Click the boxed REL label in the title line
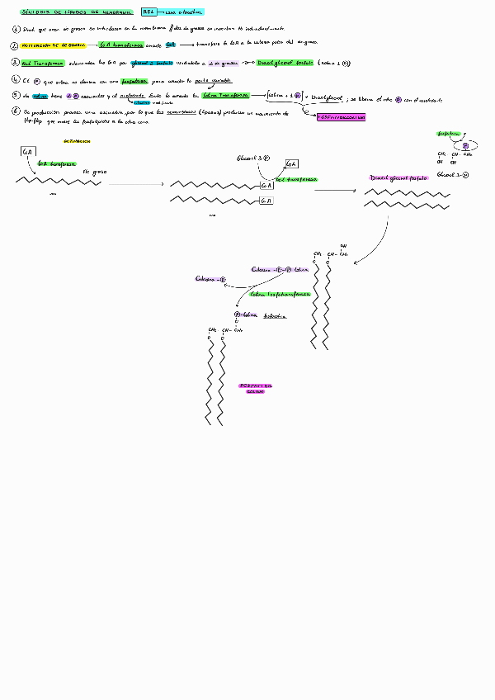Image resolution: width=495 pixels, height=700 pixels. [148, 12]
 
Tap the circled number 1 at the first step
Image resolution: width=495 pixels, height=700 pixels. [16, 28]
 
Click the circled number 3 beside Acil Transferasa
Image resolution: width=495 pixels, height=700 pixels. [16, 62]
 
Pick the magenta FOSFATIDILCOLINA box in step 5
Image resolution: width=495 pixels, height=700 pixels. [341, 117]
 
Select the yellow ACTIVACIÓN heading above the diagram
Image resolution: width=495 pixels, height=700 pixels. [76, 140]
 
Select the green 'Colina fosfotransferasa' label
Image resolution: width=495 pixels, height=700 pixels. [280, 293]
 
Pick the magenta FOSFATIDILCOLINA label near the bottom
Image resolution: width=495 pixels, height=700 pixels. [256, 388]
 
